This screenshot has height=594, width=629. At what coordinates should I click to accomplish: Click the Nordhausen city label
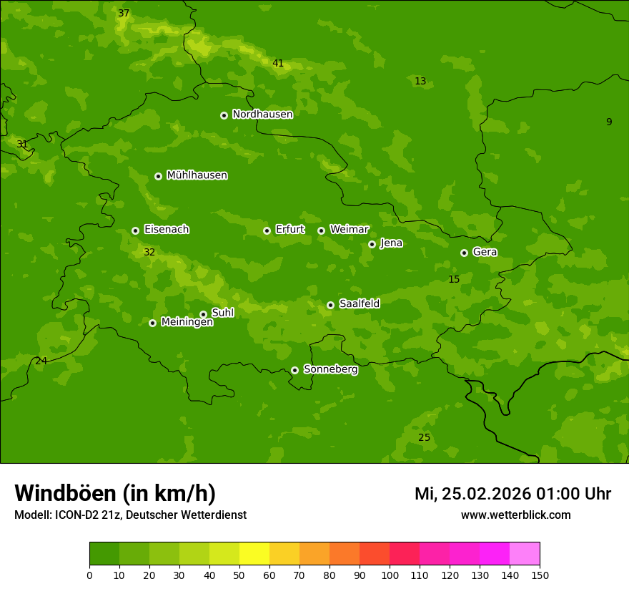(x=262, y=115)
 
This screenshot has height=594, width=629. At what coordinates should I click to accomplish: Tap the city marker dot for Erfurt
(x=267, y=230)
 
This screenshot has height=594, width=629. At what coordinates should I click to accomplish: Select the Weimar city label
(x=349, y=230)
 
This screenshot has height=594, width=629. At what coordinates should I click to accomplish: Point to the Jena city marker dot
(x=372, y=244)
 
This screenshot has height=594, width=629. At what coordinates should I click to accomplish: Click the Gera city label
(x=485, y=252)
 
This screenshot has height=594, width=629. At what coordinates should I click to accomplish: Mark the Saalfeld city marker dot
(x=330, y=305)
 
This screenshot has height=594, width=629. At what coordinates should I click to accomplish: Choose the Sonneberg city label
(x=330, y=369)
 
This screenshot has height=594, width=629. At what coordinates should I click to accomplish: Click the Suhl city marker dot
(x=203, y=314)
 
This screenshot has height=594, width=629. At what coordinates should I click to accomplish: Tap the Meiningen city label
(x=187, y=322)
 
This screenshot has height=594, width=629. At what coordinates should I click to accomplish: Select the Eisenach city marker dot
(x=135, y=230)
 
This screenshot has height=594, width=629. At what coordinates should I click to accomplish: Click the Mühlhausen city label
(x=197, y=175)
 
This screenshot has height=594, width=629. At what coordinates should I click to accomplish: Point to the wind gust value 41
(x=278, y=64)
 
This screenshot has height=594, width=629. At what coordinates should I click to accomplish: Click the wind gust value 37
(x=124, y=14)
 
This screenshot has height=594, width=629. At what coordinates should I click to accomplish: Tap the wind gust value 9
(x=609, y=122)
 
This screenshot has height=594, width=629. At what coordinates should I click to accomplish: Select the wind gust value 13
(x=420, y=82)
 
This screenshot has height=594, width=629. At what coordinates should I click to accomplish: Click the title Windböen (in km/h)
(x=115, y=493)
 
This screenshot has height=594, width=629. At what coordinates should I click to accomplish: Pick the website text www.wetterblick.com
(x=515, y=515)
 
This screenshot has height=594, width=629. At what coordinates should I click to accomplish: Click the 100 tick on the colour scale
(x=390, y=575)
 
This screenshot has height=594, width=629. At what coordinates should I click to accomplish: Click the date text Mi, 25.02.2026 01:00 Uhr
(x=512, y=494)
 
